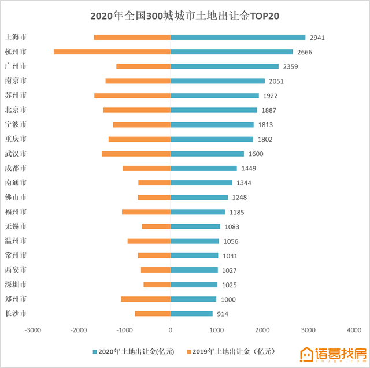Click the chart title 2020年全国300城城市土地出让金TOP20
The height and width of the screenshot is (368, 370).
(x=185, y=16)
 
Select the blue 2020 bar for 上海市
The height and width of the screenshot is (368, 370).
(x=238, y=37)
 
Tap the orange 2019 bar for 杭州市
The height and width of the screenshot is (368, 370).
(x=112, y=52)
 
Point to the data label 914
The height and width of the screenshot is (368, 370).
(x=224, y=314)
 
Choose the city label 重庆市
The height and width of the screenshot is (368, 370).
(x=16, y=139)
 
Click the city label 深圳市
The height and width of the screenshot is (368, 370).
(x=16, y=284)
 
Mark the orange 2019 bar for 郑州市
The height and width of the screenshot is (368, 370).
(x=146, y=299)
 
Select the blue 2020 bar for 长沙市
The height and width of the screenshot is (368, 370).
(x=191, y=314)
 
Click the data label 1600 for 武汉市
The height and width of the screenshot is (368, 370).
(x=256, y=154)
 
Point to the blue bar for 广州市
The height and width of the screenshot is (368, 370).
(x=224, y=66)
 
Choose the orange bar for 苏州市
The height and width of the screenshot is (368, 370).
(x=132, y=95)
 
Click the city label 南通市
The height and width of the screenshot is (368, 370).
(x=16, y=183)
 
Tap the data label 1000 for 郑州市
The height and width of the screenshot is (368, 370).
(x=228, y=299)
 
